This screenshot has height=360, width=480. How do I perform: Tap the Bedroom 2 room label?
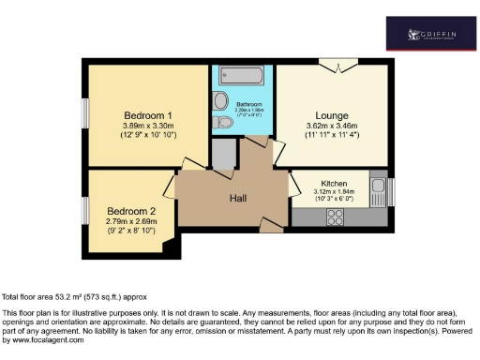(131, 210)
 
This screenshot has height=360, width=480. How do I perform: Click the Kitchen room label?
(335, 181)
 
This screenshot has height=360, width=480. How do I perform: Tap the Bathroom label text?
(248, 104)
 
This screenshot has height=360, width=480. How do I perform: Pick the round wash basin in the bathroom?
(221, 100)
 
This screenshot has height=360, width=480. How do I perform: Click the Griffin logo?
(431, 35)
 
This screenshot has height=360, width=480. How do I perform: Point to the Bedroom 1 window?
(83, 115)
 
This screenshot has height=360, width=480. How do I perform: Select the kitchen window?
(391, 192)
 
